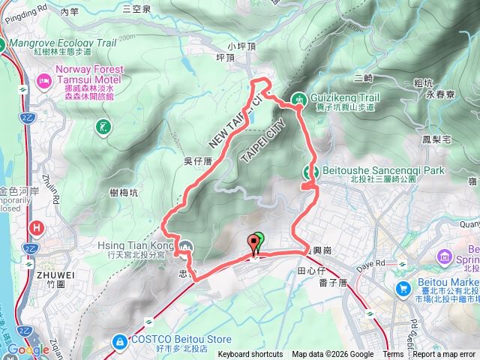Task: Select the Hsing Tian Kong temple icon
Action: coord(185,246)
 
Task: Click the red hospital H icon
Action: coord(36,227)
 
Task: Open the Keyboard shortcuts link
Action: coord(250,355)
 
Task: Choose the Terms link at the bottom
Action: coord(393,355)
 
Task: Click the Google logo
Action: coord(28,349)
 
